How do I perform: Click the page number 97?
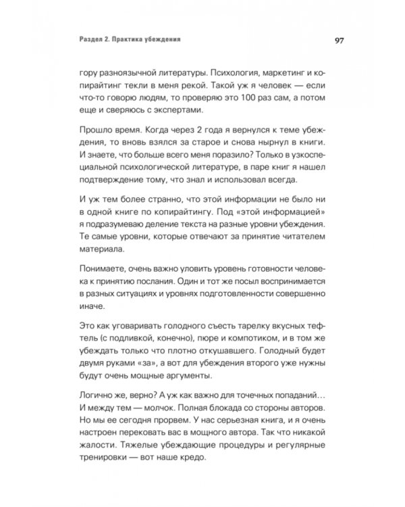pyautogui.click(x=340, y=40)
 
